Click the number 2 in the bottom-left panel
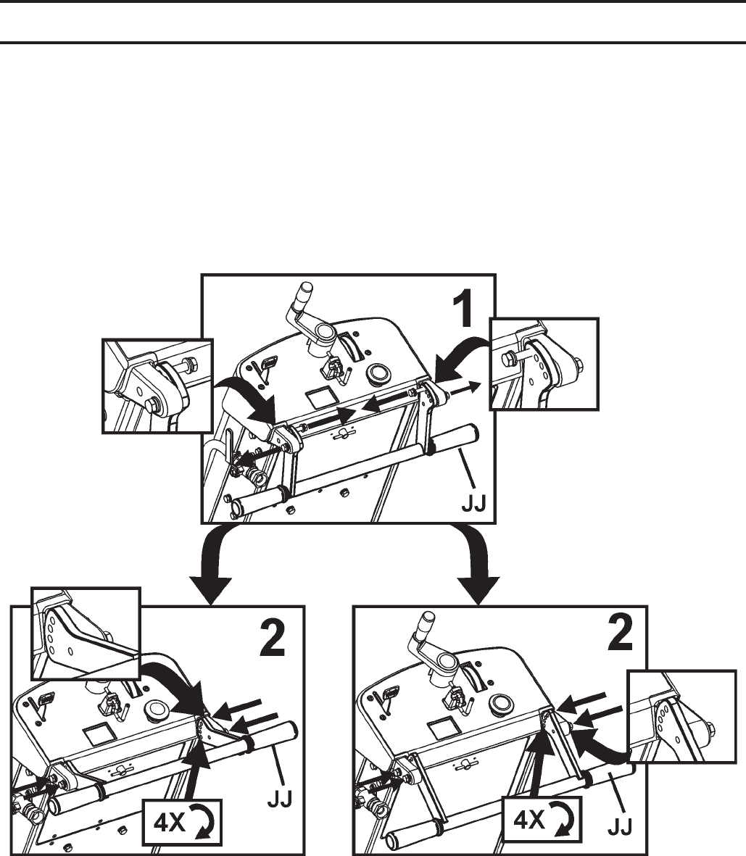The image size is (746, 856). tap(275, 638)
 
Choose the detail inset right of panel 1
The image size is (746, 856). tap(544, 364)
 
